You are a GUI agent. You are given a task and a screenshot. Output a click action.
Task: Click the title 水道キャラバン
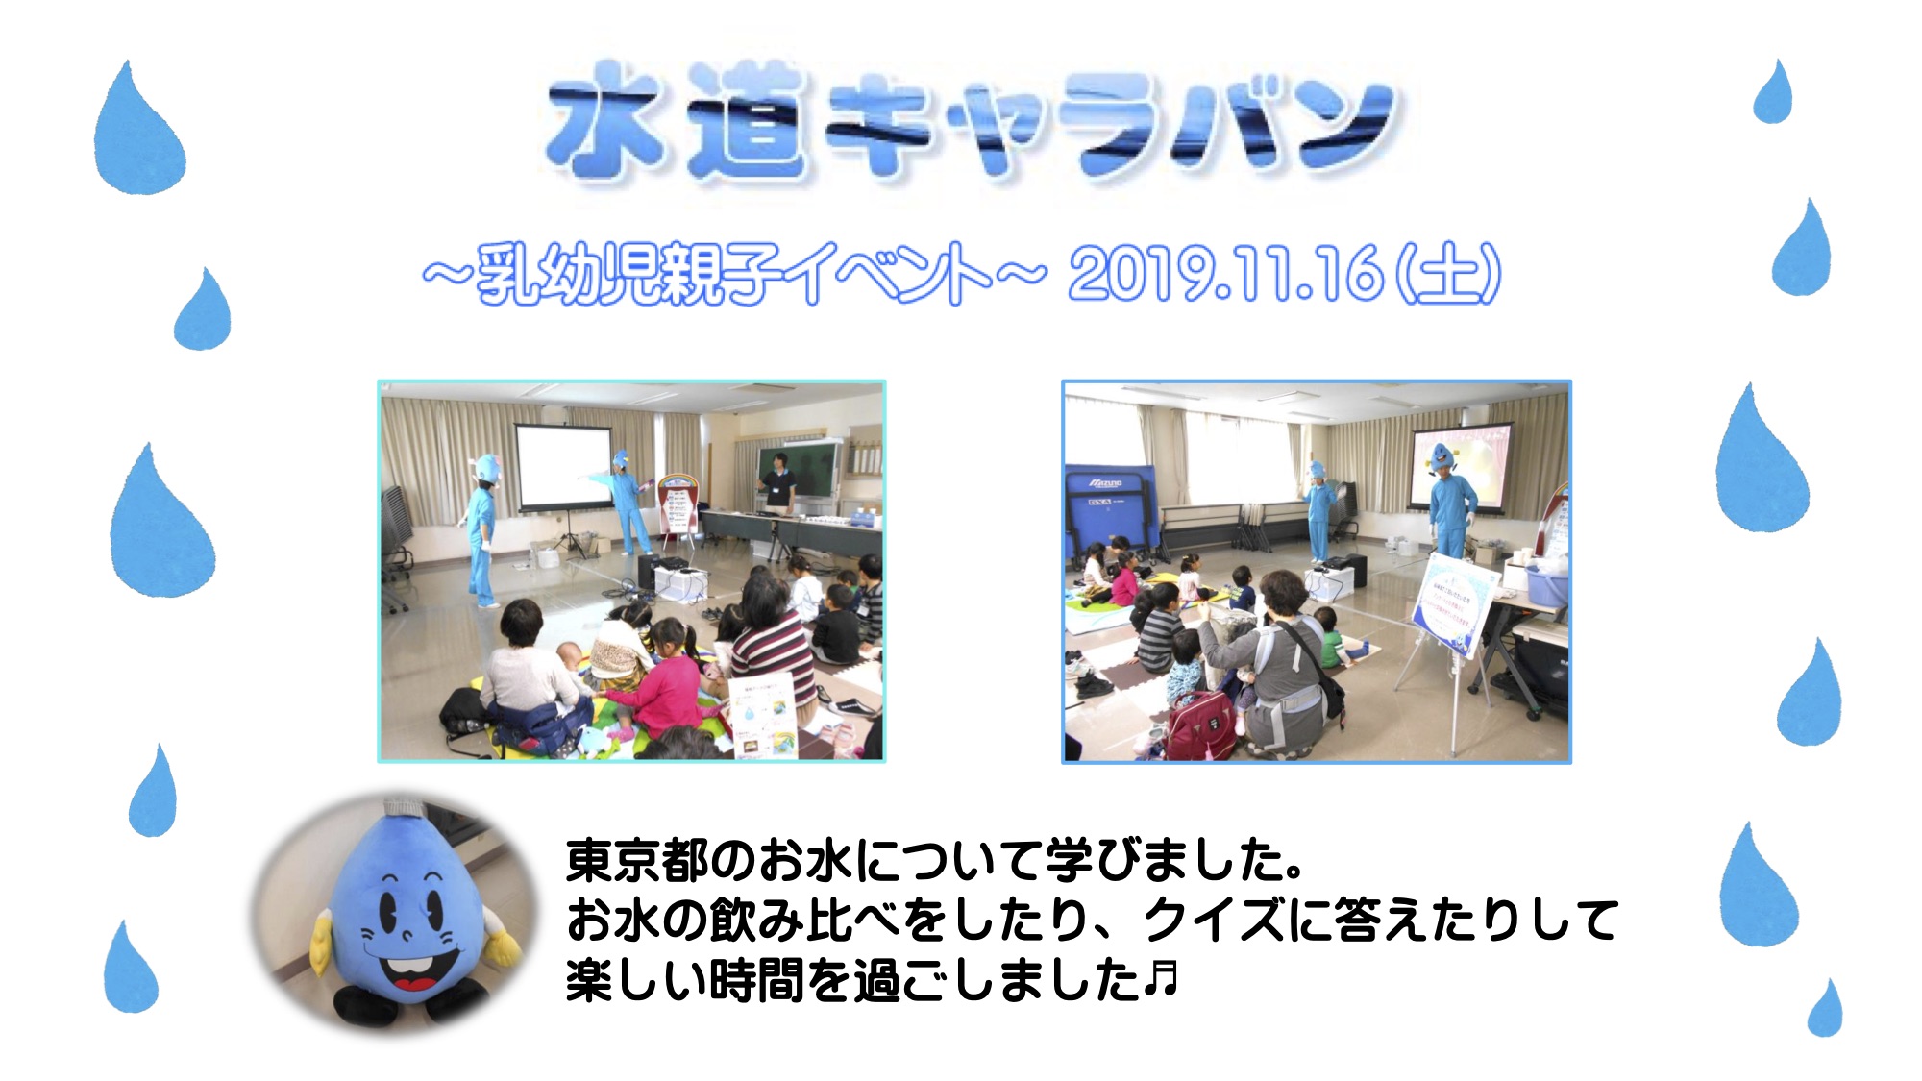click(x=971, y=123)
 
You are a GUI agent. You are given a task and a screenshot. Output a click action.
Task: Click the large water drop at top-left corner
click(x=138, y=129)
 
